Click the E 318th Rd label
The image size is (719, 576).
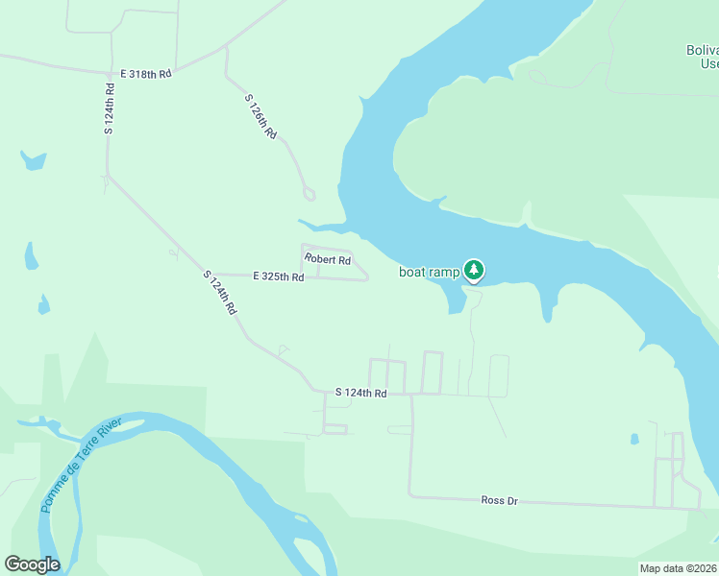click(x=145, y=73)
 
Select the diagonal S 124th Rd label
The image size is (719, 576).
click(x=220, y=294)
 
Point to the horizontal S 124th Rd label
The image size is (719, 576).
click(x=360, y=393)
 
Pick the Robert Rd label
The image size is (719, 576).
click(x=328, y=260)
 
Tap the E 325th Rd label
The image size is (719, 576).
click(x=279, y=276)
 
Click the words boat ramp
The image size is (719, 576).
click(x=430, y=272)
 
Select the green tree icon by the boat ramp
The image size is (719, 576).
click(x=474, y=271)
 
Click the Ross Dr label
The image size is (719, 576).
click(x=499, y=500)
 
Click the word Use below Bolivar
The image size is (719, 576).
click(x=708, y=64)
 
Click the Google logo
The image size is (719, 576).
click(x=32, y=564)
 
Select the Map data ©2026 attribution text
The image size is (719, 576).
click(x=678, y=568)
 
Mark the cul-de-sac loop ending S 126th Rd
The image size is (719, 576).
click(x=308, y=194)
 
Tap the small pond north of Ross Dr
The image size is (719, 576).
click(x=634, y=440)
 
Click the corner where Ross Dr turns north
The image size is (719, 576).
click(x=411, y=495)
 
